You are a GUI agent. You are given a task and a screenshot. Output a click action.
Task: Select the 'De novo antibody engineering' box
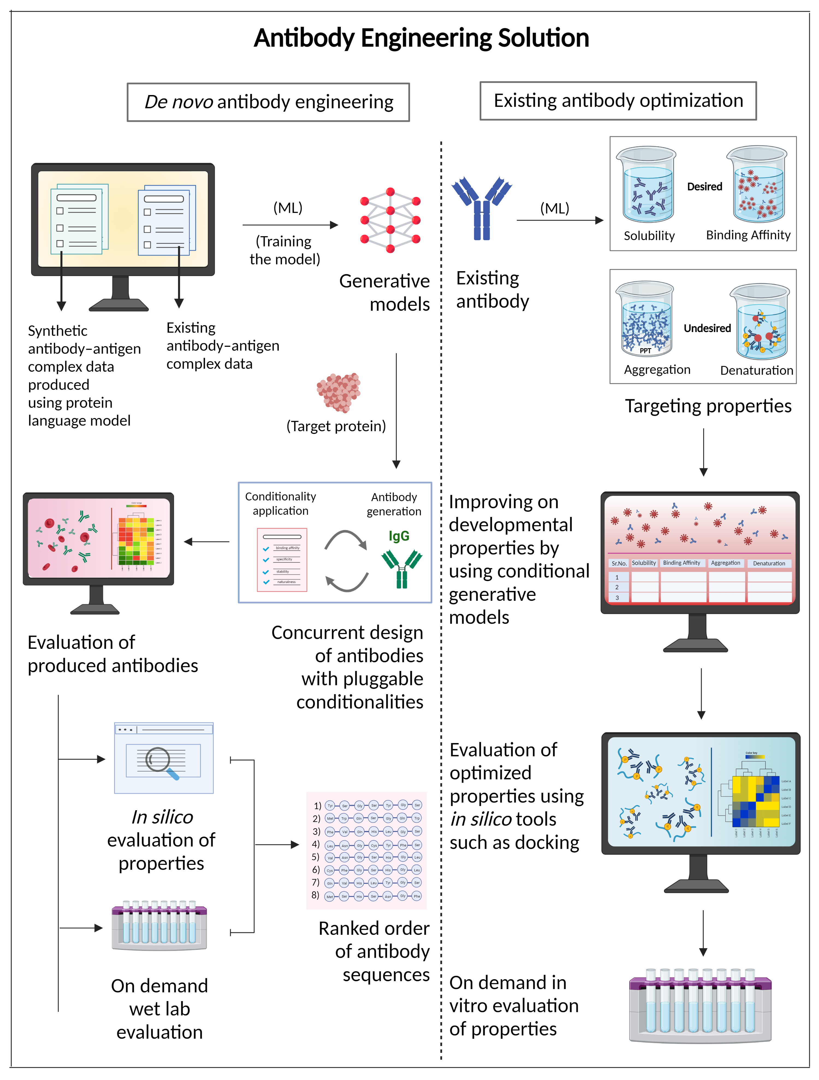tap(268, 102)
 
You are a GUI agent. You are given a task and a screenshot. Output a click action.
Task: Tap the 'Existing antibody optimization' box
tap(618, 100)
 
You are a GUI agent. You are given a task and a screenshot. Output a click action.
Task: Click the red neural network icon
tap(390, 220)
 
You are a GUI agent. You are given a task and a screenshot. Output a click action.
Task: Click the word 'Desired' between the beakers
tap(704, 187)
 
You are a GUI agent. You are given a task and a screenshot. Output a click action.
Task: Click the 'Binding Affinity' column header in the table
tap(681, 563)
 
